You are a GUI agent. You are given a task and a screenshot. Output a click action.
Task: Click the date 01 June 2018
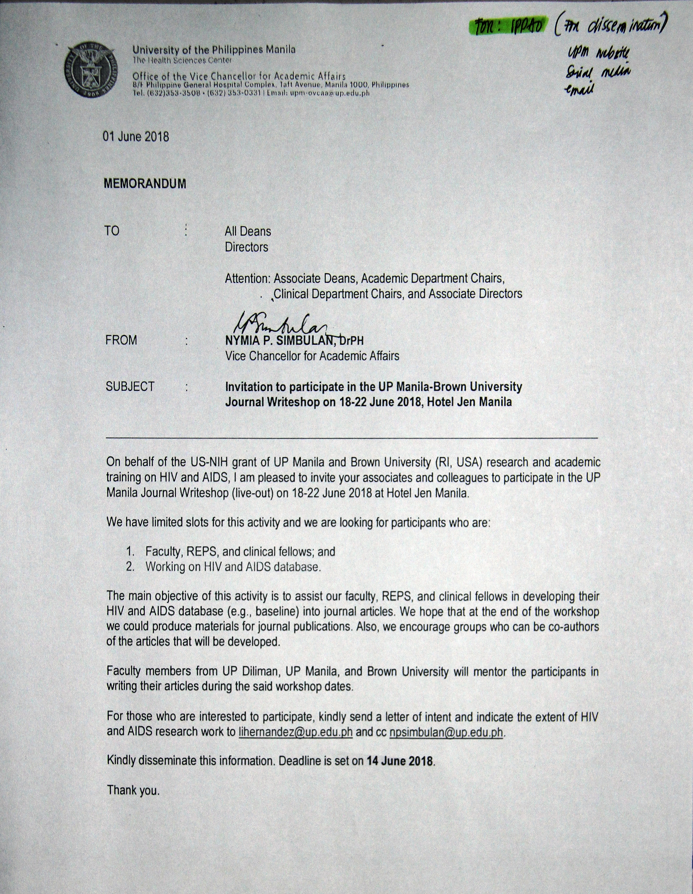pyautogui.click(x=136, y=137)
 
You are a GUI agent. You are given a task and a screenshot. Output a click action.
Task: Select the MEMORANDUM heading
pyautogui.click(x=145, y=184)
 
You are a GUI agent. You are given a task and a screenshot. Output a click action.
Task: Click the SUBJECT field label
pyautogui.click(x=130, y=386)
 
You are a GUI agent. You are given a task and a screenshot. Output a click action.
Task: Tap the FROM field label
pyautogui.click(x=121, y=340)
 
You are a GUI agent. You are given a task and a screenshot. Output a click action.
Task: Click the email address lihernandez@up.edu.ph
pyautogui.click(x=295, y=732)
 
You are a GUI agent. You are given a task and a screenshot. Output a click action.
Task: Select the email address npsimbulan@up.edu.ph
pyautogui.click(x=446, y=732)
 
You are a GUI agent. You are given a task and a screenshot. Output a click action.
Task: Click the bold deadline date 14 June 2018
pyautogui.click(x=400, y=761)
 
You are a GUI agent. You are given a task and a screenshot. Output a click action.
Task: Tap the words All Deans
pyautogui.click(x=248, y=232)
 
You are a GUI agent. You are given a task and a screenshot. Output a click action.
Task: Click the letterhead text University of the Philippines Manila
pyautogui.click(x=213, y=50)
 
